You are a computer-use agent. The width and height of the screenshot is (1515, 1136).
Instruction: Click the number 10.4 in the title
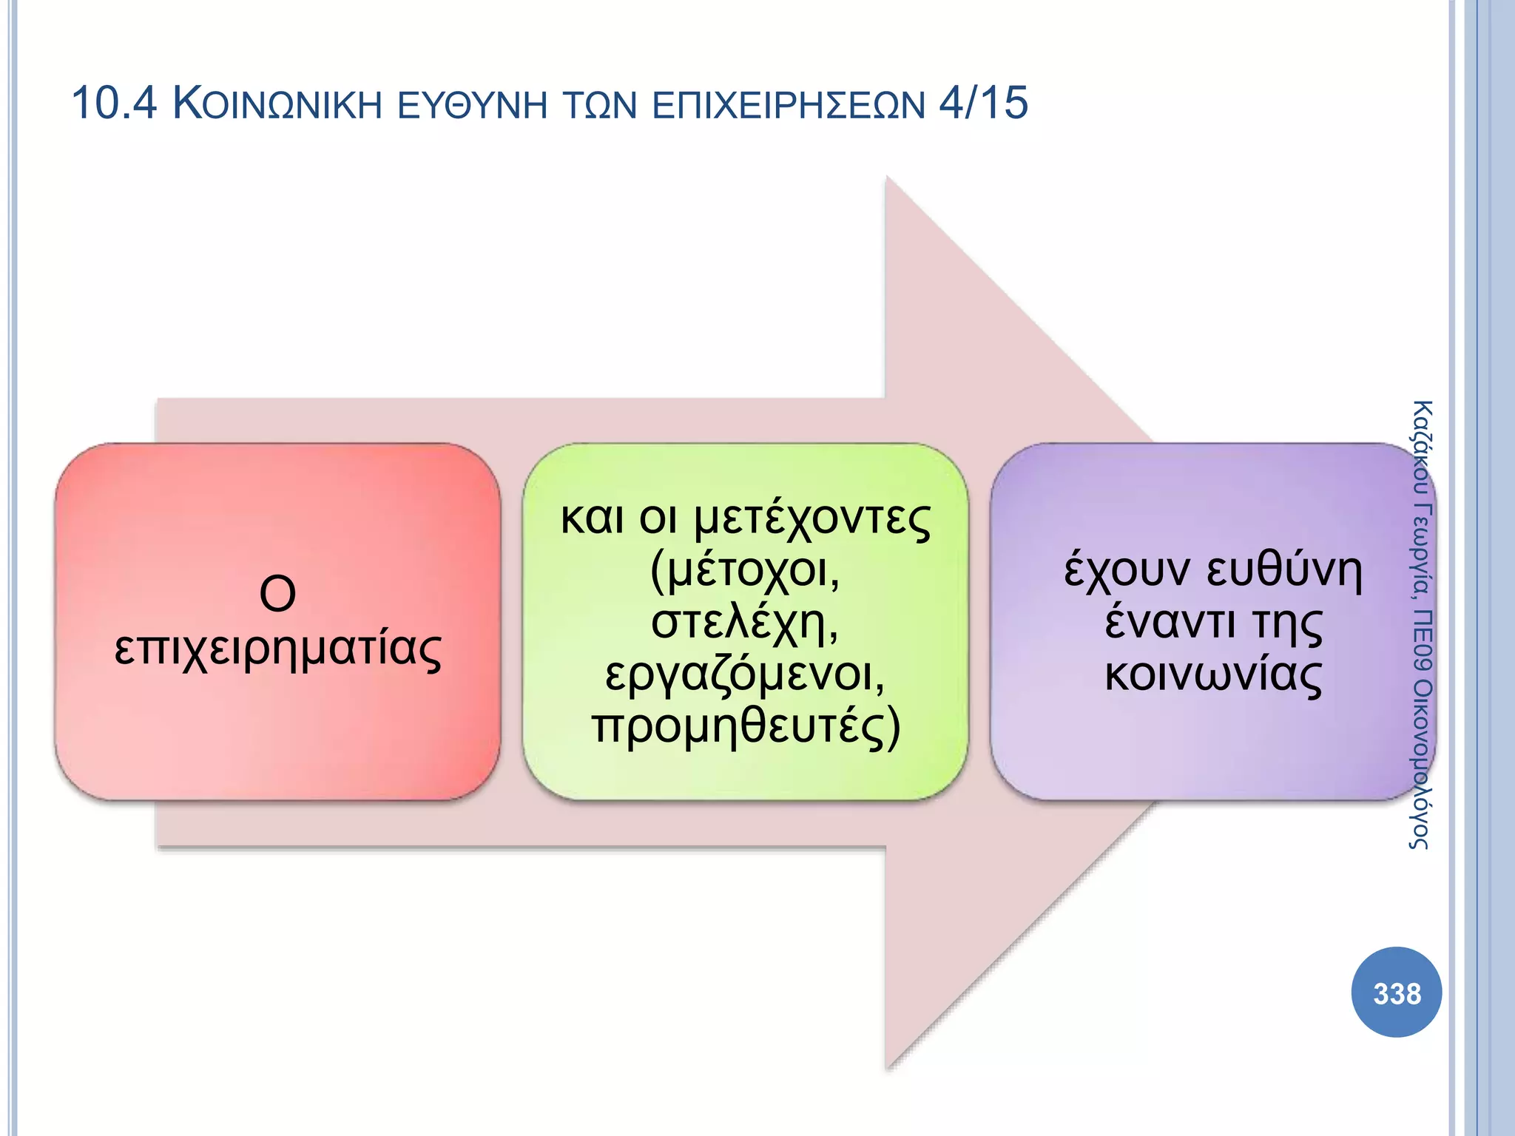coord(114,103)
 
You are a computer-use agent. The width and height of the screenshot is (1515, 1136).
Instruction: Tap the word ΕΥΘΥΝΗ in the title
coord(473,104)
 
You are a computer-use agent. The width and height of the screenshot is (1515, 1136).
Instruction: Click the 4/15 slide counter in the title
coord(983,103)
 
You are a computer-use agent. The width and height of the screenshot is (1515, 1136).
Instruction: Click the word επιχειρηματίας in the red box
coord(277,649)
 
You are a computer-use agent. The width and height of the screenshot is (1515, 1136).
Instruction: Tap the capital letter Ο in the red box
coord(277,593)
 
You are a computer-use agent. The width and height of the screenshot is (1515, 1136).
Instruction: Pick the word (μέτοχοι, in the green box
coord(745,571)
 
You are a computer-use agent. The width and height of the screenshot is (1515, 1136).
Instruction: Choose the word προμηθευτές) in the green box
coord(746,726)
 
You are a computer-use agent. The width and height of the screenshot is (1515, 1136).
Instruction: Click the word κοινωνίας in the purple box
coord(1213,674)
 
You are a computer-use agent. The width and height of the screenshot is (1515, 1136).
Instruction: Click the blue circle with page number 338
coord(1396,993)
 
